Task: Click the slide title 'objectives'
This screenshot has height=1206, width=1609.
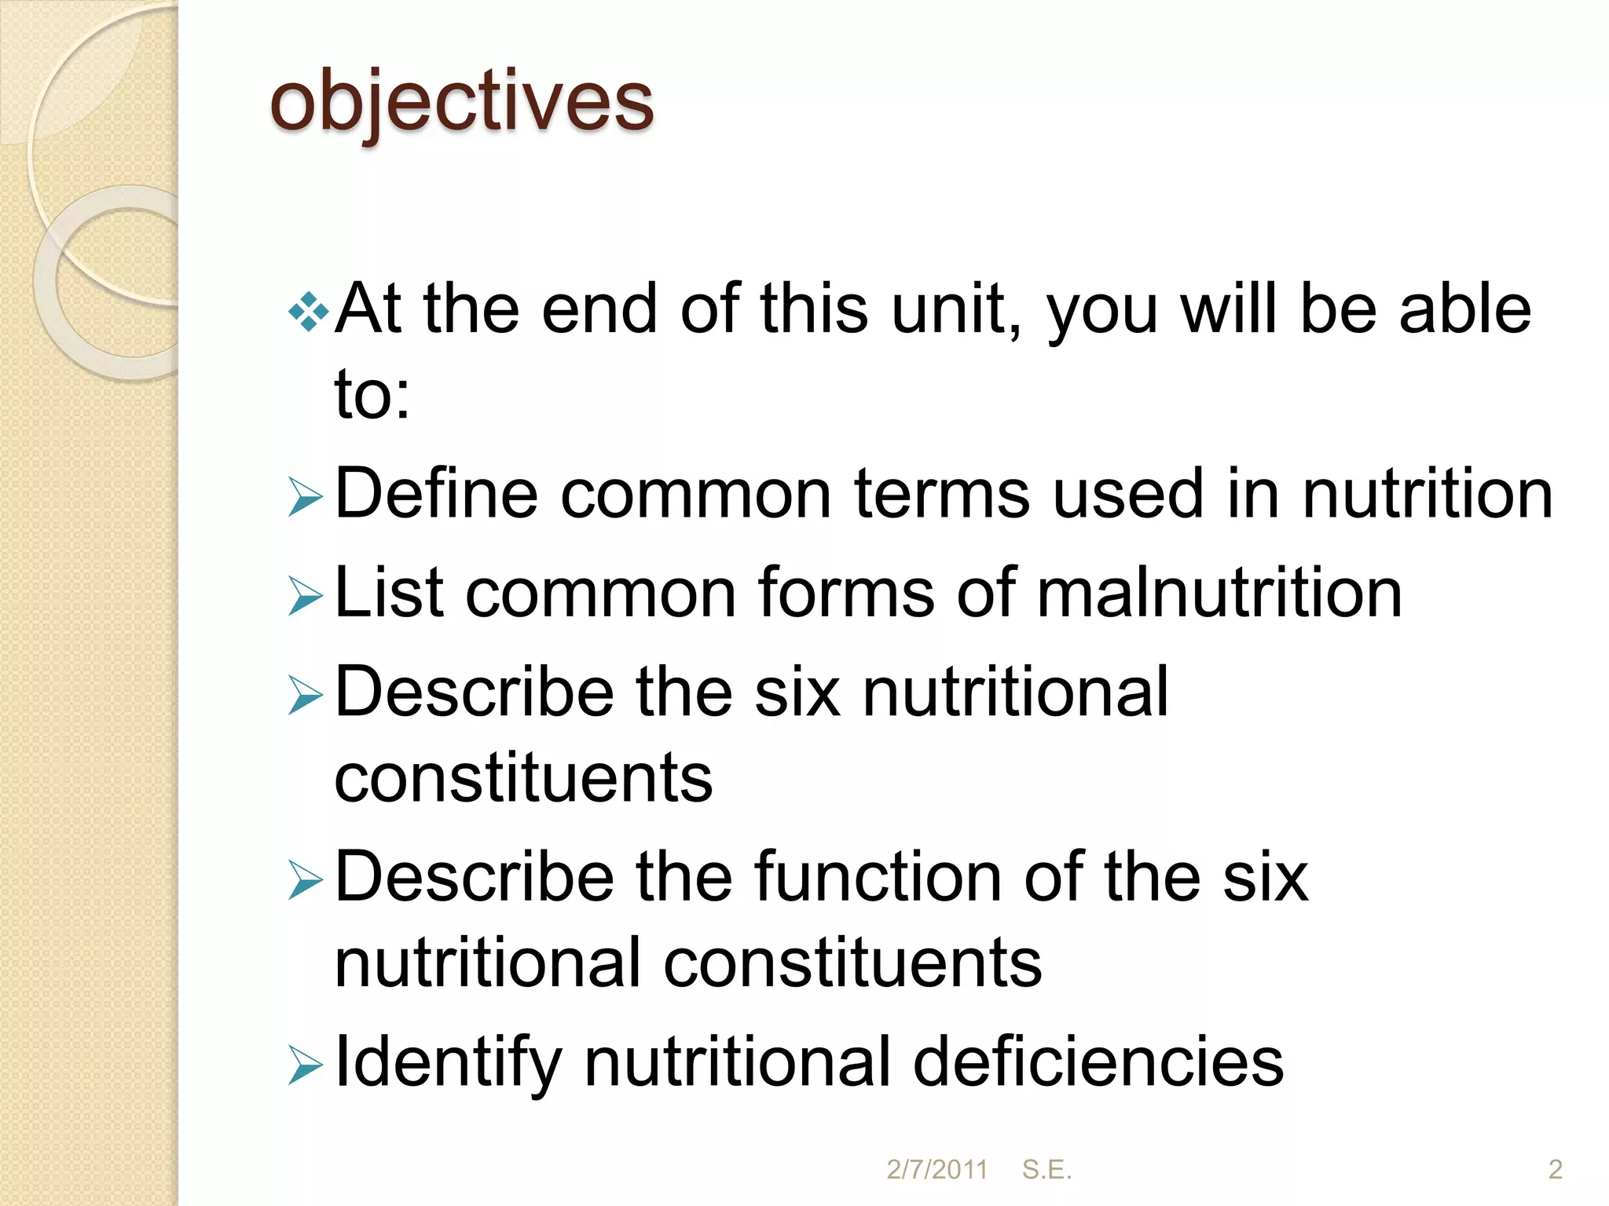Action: pyautogui.click(x=461, y=102)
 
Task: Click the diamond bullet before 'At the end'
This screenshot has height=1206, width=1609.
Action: pyautogui.click(x=308, y=313)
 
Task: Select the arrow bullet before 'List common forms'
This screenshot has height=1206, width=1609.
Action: pyautogui.click(x=306, y=597)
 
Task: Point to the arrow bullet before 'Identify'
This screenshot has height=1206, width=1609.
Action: pyautogui.click(x=306, y=1066)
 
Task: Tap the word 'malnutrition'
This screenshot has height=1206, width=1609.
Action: pyautogui.click(x=1219, y=593)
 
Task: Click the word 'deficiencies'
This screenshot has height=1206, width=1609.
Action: pyautogui.click(x=1098, y=1062)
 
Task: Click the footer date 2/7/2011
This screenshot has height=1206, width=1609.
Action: pyautogui.click(x=936, y=1170)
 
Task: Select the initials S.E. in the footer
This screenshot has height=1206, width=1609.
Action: pyautogui.click(x=1046, y=1170)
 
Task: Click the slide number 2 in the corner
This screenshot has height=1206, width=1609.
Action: pyautogui.click(x=1555, y=1170)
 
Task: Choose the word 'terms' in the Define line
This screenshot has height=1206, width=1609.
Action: pyautogui.click(x=942, y=494)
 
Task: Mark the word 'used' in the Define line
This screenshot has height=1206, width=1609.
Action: pyautogui.click(x=1127, y=494)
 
